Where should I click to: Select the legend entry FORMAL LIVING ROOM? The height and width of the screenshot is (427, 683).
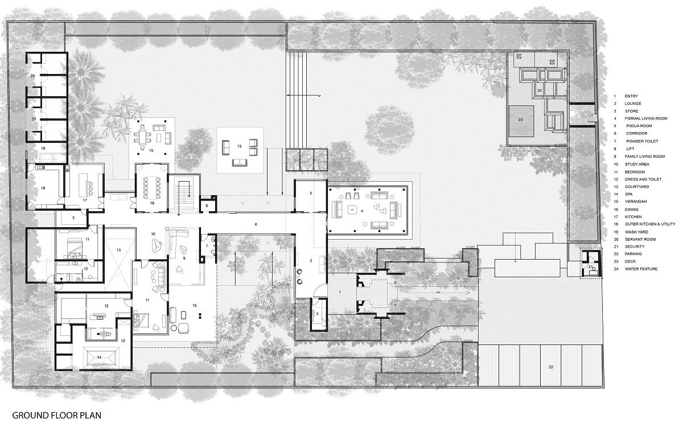(x=644, y=118)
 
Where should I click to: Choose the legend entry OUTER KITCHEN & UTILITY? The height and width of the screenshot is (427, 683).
(x=649, y=224)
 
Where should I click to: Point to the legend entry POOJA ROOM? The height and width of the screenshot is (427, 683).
(x=639, y=125)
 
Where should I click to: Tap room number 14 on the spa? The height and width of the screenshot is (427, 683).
(x=99, y=357)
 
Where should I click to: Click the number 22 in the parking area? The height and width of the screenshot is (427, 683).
(x=550, y=367)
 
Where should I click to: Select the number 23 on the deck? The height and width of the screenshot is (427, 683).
(x=520, y=120)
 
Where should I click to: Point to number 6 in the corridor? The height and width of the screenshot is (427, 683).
(x=256, y=225)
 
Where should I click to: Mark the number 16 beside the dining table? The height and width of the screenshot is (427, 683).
(x=152, y=203)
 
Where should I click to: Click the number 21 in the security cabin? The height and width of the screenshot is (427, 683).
(x=590, y=266)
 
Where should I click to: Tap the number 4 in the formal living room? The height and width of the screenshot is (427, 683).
(x=361, y=210)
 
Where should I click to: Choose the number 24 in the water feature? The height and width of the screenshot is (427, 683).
(x=538, y=91)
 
